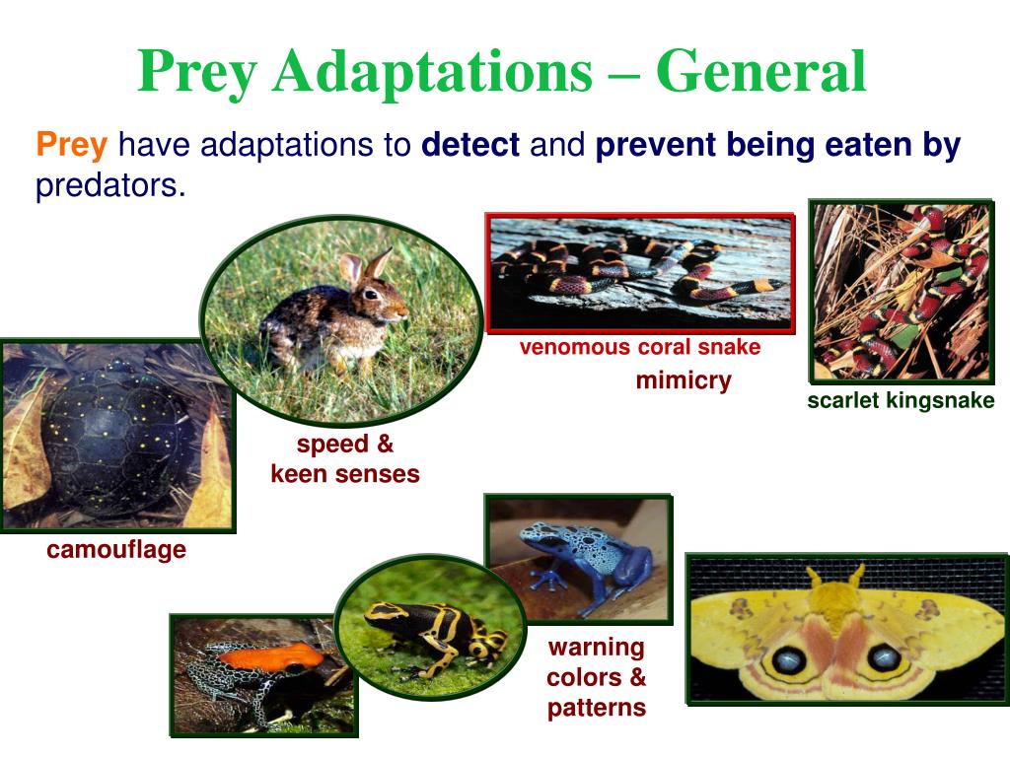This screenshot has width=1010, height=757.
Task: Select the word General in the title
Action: [761, 71]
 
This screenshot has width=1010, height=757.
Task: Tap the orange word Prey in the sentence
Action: [71, 147]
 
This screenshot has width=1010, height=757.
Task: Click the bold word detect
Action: [469, 147]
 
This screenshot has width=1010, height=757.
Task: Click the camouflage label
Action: [116, 550]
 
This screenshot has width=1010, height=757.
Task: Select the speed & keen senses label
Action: [345, 459]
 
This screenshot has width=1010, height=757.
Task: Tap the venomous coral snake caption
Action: [640, 348]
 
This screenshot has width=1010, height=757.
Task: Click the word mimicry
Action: [684, 380]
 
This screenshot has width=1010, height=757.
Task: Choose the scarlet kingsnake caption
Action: [901, 401]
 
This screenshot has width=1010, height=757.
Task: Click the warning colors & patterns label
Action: [596, 677]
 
